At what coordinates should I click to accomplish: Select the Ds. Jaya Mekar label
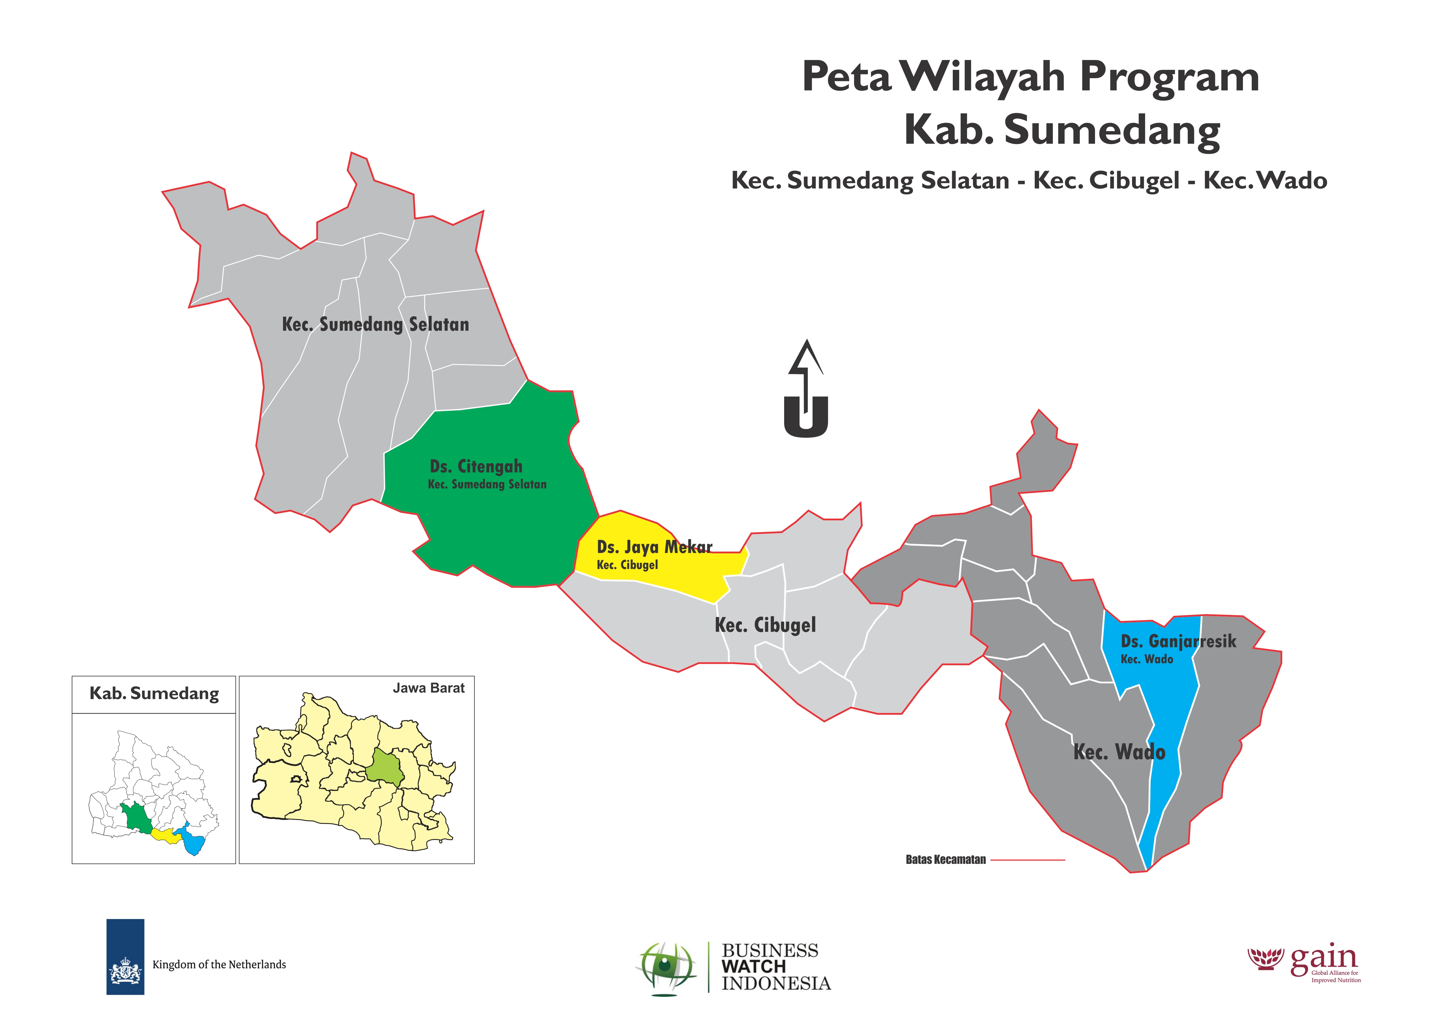654,547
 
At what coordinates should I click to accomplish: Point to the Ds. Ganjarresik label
1178,641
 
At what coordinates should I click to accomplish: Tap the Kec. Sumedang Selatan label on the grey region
375,325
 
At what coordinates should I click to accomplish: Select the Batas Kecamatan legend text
945,860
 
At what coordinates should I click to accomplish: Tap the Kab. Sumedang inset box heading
154,693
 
